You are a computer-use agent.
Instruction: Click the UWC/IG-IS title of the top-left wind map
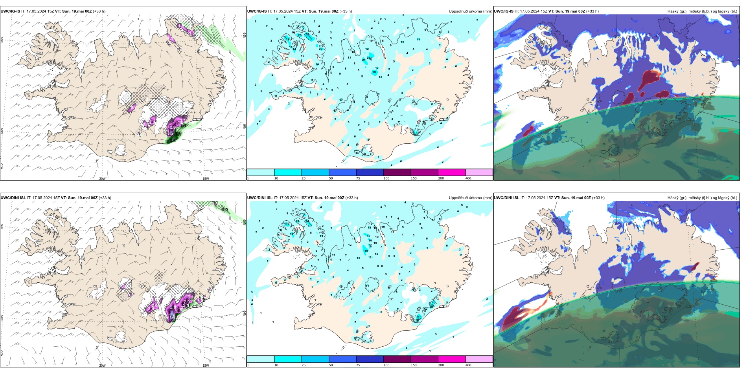10,11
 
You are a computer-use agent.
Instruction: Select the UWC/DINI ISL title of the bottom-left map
13,198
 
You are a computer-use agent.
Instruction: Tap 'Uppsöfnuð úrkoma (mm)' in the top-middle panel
470,11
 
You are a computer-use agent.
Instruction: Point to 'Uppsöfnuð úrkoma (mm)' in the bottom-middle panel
470,198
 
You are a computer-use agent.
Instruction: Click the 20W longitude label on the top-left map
102,179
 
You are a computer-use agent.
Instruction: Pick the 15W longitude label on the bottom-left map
206,366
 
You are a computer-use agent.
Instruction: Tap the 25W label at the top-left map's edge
2,166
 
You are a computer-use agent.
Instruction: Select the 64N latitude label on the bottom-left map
2,317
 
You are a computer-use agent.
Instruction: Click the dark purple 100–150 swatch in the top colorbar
397,172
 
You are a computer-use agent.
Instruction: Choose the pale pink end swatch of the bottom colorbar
479,359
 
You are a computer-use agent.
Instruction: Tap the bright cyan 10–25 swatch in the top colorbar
287,172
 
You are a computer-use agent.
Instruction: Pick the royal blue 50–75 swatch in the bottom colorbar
342,359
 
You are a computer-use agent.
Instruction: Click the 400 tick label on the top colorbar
468,179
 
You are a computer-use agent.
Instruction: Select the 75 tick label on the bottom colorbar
358,365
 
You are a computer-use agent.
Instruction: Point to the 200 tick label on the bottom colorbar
441,365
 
